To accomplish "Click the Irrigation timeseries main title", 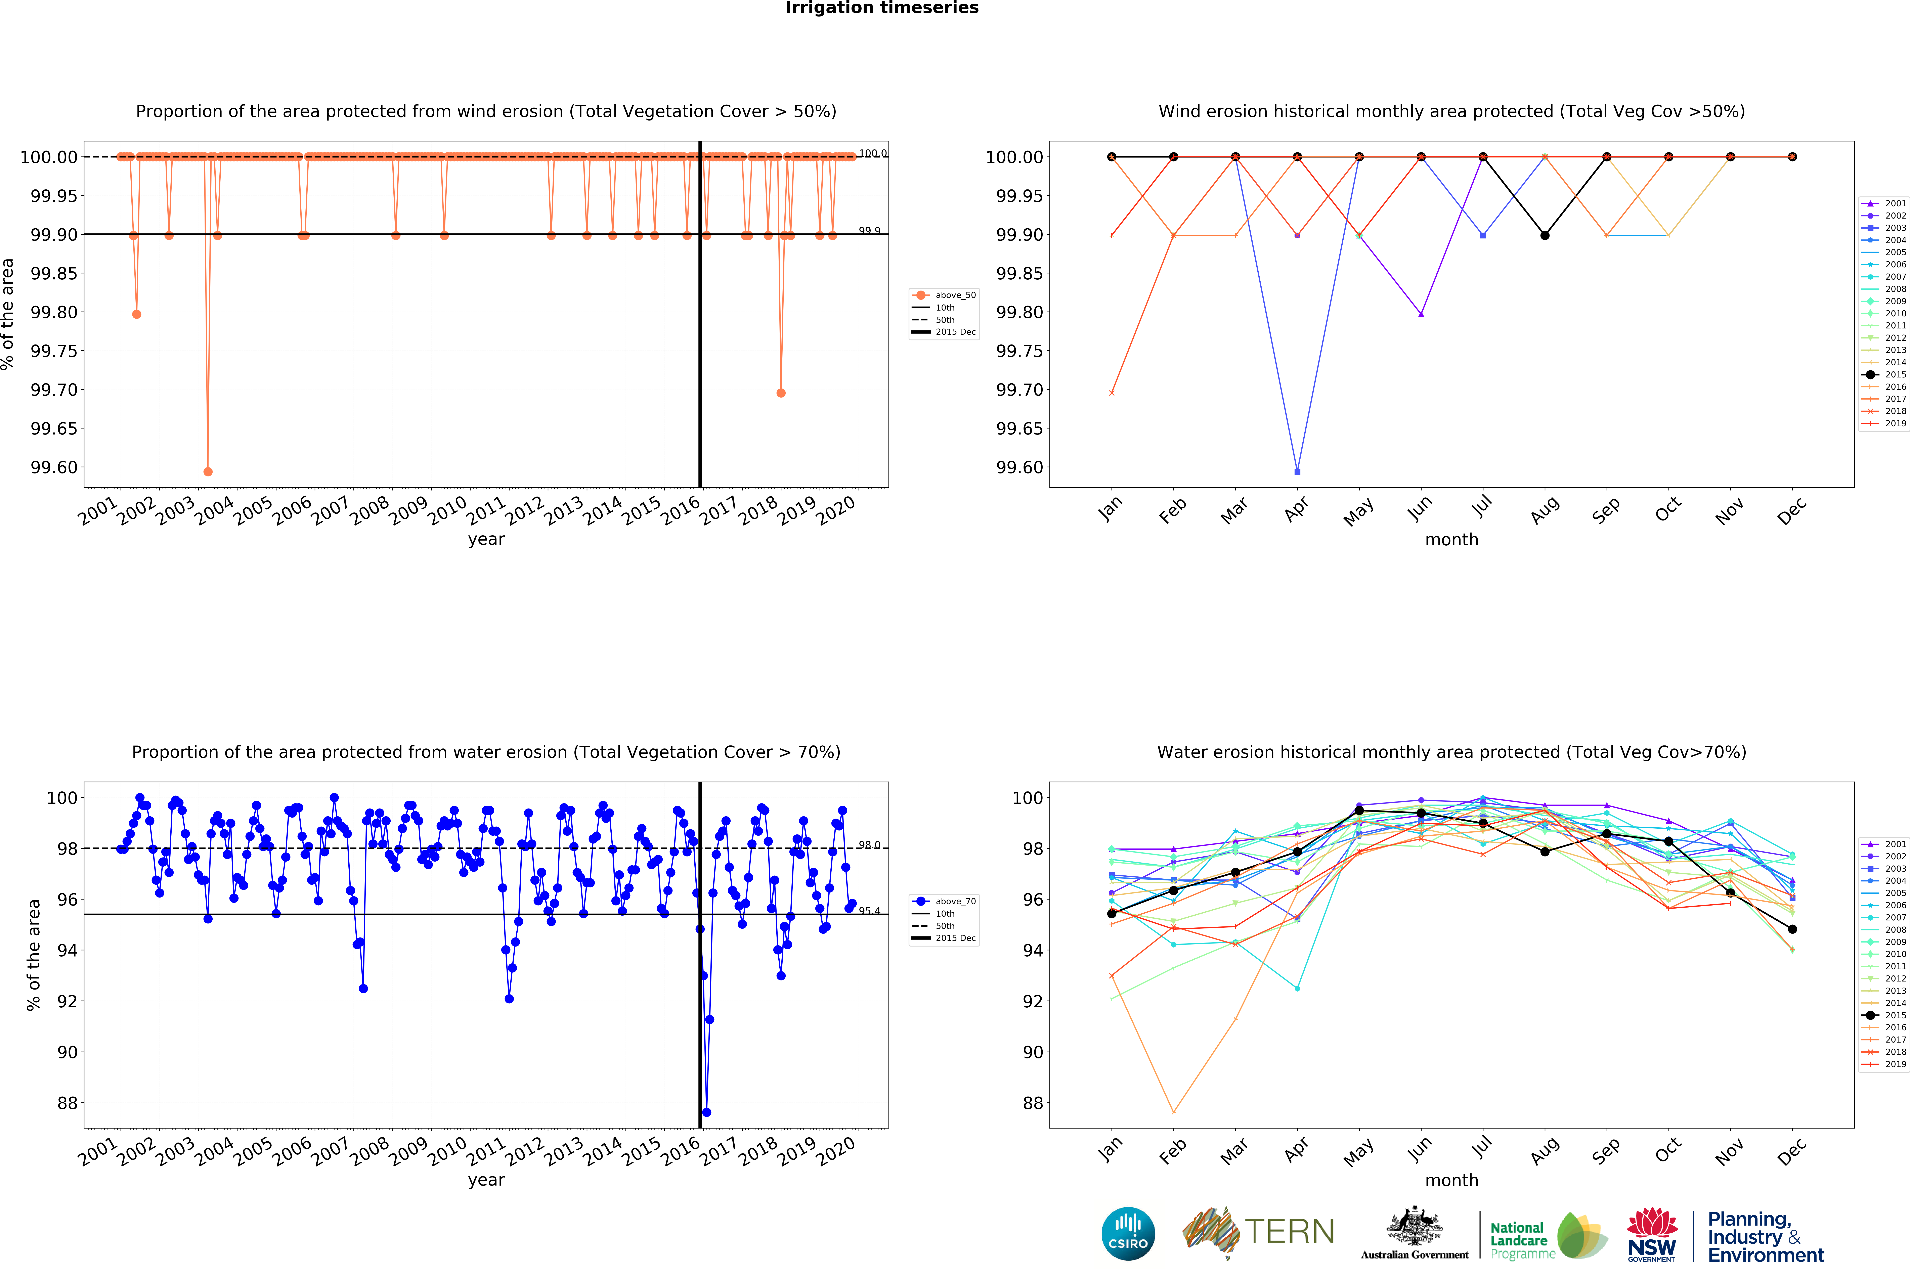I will tap(881, 8).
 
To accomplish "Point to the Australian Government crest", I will tap(1414, 1227).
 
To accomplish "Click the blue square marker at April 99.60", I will tap(1297, 471).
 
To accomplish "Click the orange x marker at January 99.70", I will tap(1111, 393).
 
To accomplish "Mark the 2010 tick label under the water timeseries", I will tap(447, 1152).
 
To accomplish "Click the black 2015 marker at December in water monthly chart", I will tap(1792, 929).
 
